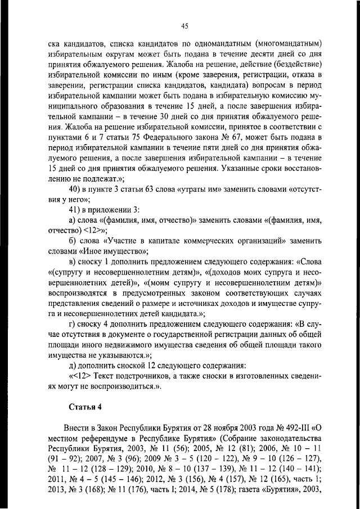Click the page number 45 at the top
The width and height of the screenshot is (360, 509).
(184, 25)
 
